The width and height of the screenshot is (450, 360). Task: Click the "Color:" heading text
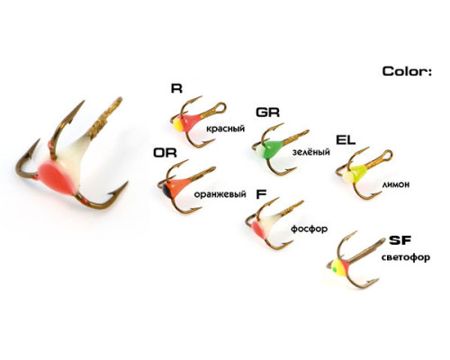coord(407,71)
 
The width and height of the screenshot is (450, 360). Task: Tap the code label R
coord(176,88)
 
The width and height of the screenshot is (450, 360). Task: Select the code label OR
coord(165,153)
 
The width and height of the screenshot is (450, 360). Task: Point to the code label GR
coord(267,112)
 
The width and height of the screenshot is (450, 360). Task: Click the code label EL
coord(346,139)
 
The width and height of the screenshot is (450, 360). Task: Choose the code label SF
coord(400,240)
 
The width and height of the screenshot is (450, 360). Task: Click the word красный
coord(225,129)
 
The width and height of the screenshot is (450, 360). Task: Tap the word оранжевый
coord(220,194)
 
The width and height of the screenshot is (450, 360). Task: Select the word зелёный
coord(311,152)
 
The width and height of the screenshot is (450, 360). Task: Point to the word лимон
coord(396,184)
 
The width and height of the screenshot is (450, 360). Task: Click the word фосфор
coord(309,229)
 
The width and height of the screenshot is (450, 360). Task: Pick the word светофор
coord(406,257)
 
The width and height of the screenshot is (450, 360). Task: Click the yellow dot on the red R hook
coord(177,124)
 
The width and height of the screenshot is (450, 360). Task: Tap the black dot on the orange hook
coord(166,190)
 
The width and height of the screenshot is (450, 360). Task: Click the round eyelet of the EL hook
coord(388,156)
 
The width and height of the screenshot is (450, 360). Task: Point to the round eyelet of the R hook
coord(220,108)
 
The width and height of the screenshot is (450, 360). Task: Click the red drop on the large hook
coord(56,177)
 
